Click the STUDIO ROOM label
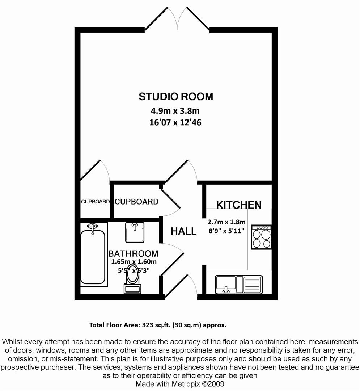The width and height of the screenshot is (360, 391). [176, 97]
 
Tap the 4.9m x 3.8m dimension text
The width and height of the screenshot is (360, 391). [175, 110]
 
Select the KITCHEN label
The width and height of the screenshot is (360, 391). [239, 205]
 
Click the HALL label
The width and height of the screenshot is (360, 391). [183, 231]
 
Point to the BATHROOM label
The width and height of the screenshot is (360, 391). [133, 253]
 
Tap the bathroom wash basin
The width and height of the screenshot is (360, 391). [135, 233]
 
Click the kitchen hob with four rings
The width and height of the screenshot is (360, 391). [261, 237]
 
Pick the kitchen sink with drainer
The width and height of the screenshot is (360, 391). [239, 284]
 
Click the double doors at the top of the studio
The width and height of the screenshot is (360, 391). [177, 19]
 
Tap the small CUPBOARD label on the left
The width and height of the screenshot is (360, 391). [95, 202]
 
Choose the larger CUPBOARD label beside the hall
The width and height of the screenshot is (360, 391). [136, 202]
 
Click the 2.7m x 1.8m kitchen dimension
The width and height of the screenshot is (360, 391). [227, 222]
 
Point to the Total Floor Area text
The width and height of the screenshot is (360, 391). [158, 325]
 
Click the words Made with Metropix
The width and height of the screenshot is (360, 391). [168, 384]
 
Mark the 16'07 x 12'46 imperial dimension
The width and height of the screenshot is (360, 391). [175, 122]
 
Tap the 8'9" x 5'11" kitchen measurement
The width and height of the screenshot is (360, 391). [226, 231]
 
